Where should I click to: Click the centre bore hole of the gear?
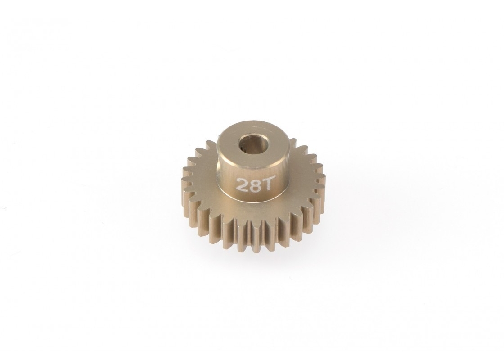point(249,148)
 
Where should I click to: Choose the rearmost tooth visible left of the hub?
point(210,144)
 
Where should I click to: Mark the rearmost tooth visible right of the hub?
point(292,142)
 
